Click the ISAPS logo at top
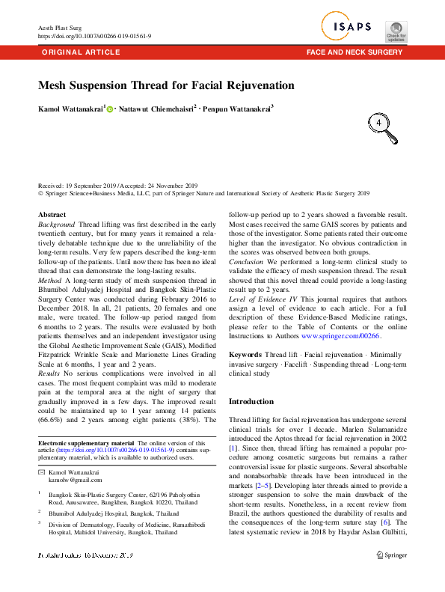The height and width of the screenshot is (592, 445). coord(349,28)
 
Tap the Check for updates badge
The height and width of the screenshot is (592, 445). coord(396,31)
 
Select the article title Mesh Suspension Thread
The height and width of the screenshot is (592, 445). coord(166,85)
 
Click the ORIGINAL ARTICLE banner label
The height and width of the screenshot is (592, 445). coord(80,52)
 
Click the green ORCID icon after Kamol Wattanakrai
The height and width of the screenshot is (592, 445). coord(111,109)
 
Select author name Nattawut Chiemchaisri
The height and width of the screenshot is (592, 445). coord(156,109)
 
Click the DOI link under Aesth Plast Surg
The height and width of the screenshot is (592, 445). coord(94,36)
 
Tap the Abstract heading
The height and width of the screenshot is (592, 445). coord(52,215)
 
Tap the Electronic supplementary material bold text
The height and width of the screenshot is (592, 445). coord(86,443)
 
